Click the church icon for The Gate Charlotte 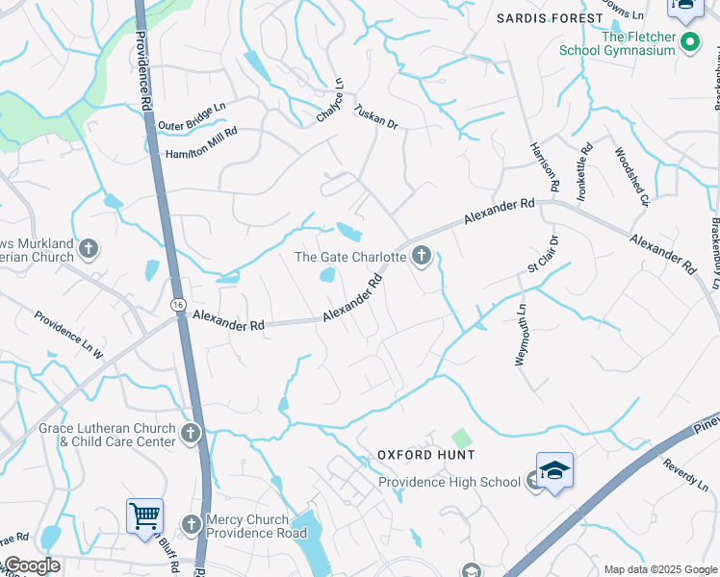click(x=421, y=256)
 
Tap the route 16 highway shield click(x=179, y=304)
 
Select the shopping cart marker click(x=144, y=515)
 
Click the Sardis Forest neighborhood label click(x=547, y=18)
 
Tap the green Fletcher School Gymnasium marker click(x=689, y=42)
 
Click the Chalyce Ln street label click(x=329, y=101)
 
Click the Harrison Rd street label click(x=545, y=165)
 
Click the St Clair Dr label click(x=544, y=255)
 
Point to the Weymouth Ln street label click(x=521, y=334)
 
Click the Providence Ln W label click(x=68, y=335)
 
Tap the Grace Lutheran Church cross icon click(x=191, y=433)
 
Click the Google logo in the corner click(x=31, y=565)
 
